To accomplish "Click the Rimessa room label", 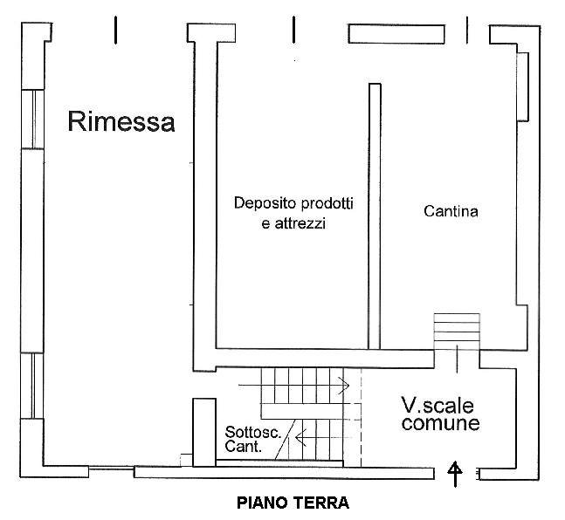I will pos(121,122).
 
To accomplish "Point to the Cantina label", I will pos(451,211).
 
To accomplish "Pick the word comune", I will pos(440,425).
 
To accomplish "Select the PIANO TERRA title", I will pos(293,503).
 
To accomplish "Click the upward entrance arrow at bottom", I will pos(454,474).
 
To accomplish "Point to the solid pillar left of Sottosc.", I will pos(203,431).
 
